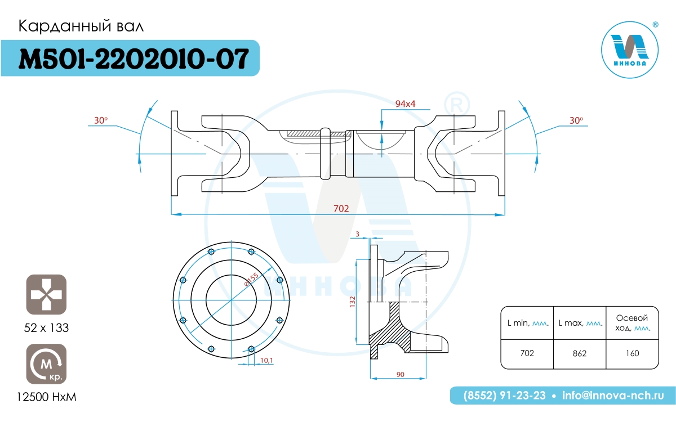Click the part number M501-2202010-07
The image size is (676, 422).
click(x=134, y=59)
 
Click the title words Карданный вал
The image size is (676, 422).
click(x=81, y=26)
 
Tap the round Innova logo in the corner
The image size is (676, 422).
click(x=630, y=50)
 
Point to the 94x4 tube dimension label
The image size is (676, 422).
click(x=405, y=104)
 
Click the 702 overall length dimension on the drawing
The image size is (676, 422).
click(x=341, y=209)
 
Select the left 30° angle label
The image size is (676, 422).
click(x=101, y=120)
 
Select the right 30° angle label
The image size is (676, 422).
click(x=576, y=120)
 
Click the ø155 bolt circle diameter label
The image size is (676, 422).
click(x=251, y=280)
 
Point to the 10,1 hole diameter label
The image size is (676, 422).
click(x=266, y=360)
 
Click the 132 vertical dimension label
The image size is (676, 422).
click(x=352, y=302)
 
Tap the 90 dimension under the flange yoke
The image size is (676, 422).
click(x=400, y=374)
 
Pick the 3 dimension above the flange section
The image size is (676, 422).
click(x=357, y=234)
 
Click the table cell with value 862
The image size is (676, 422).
click(x=580, y=353)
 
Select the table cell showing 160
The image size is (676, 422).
click(x=632, y=353)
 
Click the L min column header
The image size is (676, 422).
click(x=528, y=323)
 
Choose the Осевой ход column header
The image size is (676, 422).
click(x=633, y=323)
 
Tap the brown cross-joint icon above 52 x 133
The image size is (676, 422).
click(x=46, y=294)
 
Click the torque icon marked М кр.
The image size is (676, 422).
click(x=46, y=364)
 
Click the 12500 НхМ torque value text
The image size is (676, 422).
click(x=46, y=397)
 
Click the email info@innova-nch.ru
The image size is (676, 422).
click(x=613, y=396)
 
